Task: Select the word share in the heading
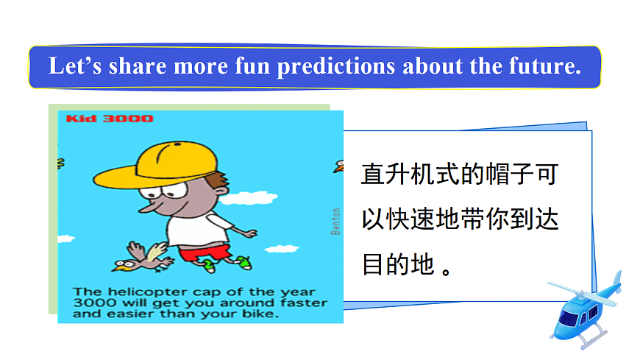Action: point(139,66)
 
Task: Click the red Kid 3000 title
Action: point(110,119)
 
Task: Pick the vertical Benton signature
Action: point(335,220)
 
